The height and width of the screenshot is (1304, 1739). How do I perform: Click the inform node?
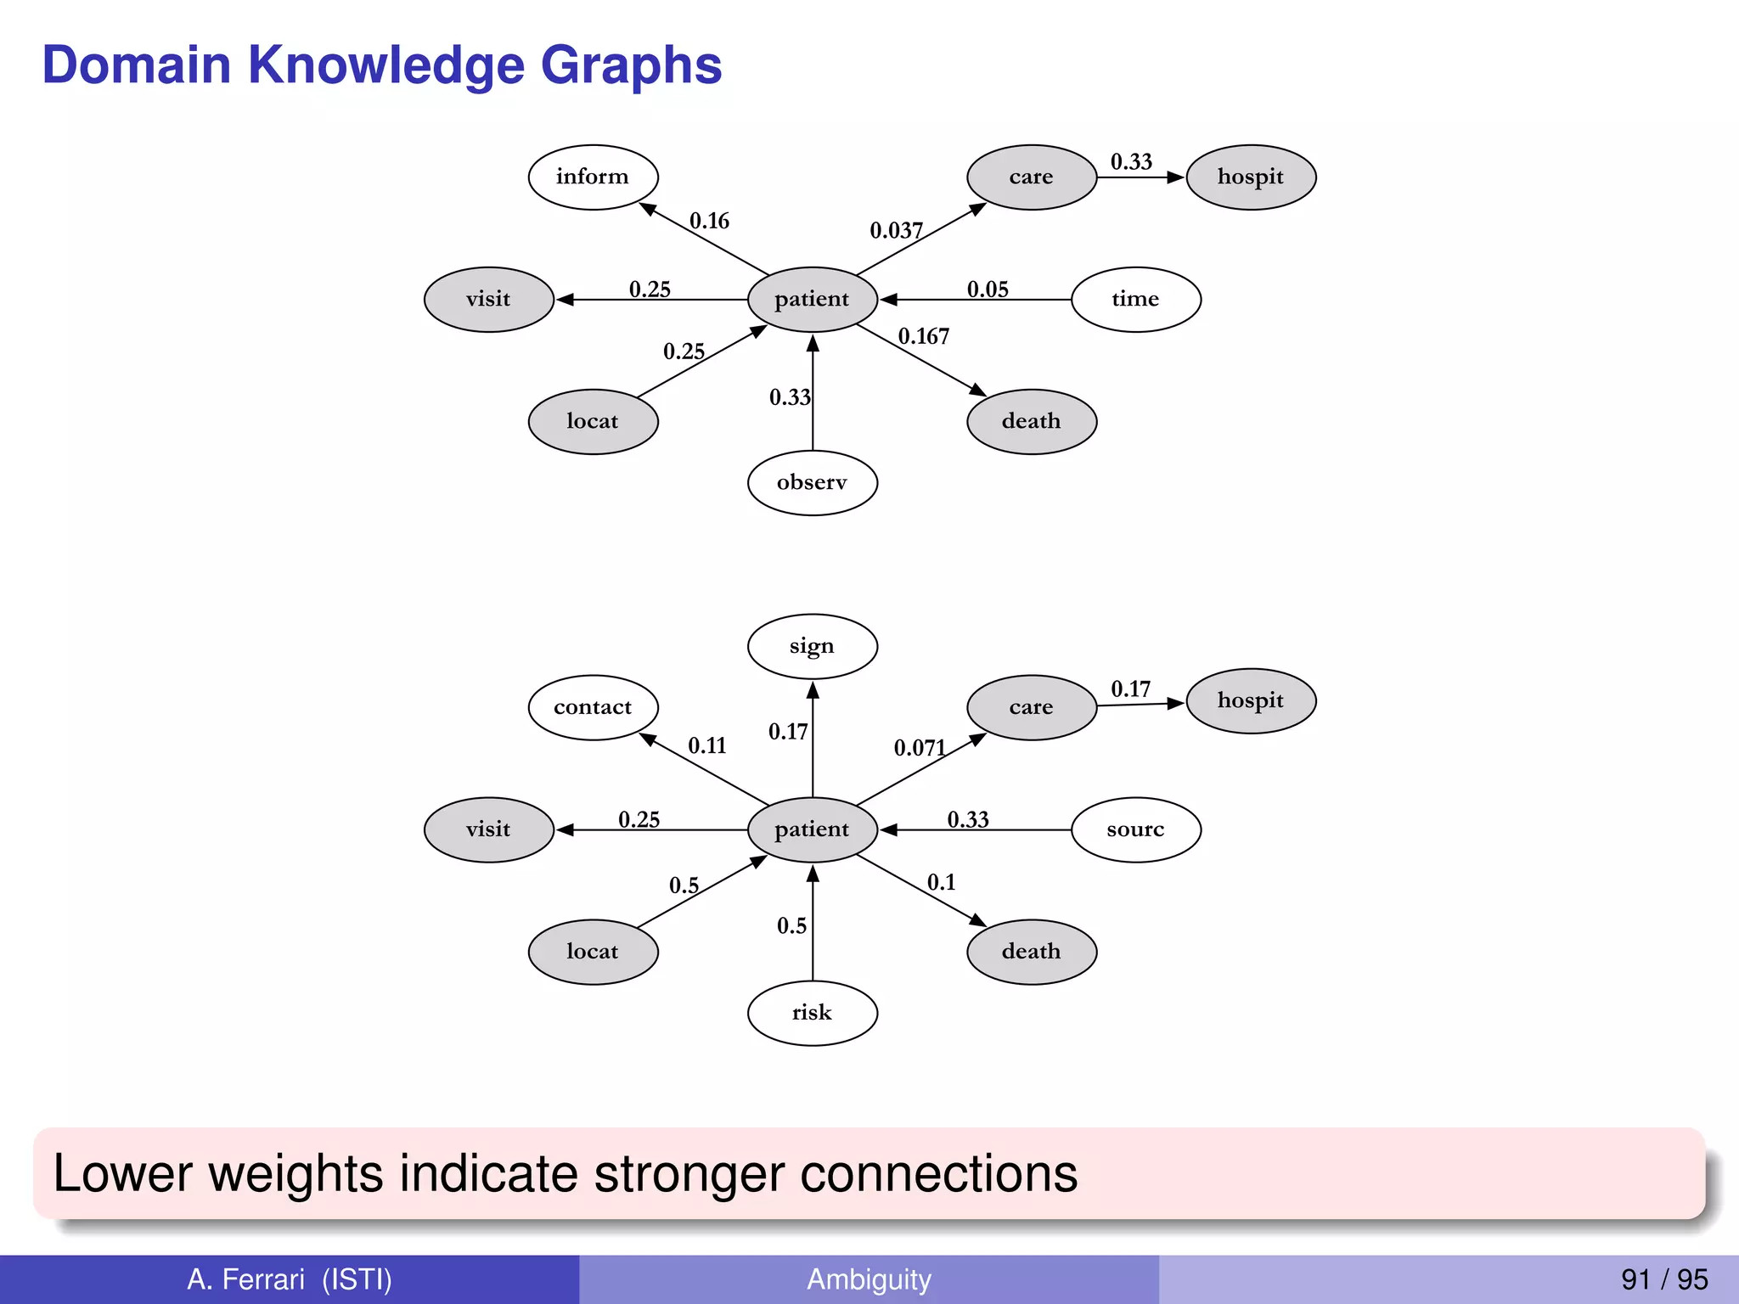[593, 177]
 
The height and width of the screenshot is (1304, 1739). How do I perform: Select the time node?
[1135, 300]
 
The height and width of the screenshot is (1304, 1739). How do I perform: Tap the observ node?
[812, 483]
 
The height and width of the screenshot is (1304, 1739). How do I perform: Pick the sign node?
[812, 647]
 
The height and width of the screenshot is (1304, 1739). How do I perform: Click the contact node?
[593, 708]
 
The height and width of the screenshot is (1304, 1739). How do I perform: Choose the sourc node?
[1135, 830]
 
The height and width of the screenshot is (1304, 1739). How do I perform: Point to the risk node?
[812, 1014]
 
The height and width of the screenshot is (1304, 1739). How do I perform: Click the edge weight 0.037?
[896, 231]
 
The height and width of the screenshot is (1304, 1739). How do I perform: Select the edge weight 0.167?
[924, 337]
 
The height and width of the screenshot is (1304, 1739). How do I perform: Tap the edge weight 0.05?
[988, 290]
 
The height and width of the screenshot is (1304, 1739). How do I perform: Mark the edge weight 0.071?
[920, 748]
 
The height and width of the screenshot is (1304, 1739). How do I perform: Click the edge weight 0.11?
[707, 746]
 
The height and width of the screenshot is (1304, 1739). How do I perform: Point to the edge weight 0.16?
[709, 222]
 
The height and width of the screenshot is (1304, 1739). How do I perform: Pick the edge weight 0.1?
[941, 883]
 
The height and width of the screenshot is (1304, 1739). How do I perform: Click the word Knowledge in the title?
[386, 66]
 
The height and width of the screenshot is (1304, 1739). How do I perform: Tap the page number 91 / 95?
[1664, 1279]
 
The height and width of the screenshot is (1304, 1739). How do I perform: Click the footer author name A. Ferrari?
[245, 1279]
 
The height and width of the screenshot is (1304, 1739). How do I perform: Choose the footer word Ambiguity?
[869, 1279]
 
